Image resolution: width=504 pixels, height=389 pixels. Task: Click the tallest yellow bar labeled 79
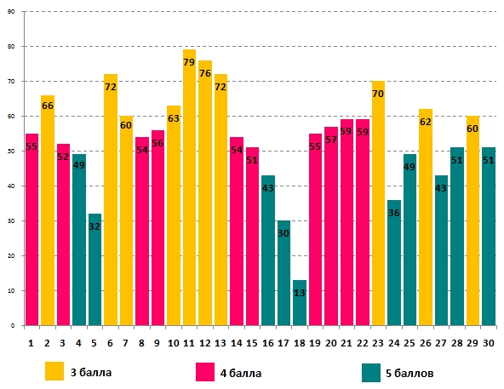click(189, 187)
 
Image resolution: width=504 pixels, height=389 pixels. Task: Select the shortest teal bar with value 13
click(300, 303)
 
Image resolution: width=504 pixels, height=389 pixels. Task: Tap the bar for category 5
click(94, 270)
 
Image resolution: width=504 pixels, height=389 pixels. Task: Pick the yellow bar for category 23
click(378, 203)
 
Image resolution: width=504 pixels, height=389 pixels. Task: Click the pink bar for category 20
click(330, 226)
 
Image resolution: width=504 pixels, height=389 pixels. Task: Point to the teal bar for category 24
click(393, 263)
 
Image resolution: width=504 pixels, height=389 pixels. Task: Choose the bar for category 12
click(204, 193)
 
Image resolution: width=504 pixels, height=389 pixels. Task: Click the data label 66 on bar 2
click(48, 106)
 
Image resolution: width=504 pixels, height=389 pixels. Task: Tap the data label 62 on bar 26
click(426, 122)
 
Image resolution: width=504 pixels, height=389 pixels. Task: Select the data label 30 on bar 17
click(283, 233)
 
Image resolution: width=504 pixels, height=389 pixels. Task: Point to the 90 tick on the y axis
click(11, 12)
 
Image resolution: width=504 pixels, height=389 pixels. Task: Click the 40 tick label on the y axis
click(11, 186)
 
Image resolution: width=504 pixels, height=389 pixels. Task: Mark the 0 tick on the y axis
click(13, 326)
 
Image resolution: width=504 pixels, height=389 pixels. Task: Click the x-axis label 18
click(300, 343)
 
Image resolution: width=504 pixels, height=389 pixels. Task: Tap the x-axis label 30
click(489, 343)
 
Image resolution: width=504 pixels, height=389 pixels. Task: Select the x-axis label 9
click(157, 343)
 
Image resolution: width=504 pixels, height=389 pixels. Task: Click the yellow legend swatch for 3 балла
click(54, 371)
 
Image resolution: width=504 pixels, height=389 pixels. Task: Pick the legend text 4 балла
click(241, 373)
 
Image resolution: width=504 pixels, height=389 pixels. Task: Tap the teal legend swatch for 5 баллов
click(371, 373)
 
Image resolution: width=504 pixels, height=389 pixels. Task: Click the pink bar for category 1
click(31, 230)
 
